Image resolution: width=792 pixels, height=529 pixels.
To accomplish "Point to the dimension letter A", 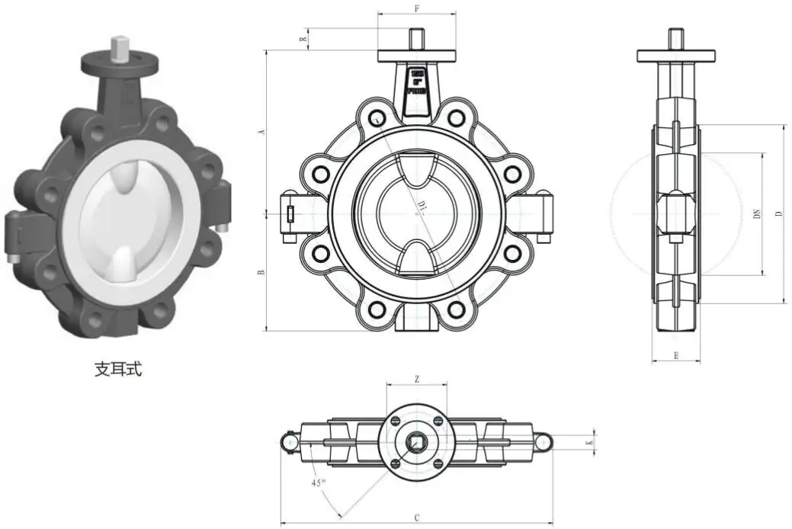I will coord(261,132).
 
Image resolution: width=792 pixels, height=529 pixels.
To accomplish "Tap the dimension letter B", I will coord(261,272).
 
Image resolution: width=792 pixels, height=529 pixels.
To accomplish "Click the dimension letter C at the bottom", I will coord(417,518).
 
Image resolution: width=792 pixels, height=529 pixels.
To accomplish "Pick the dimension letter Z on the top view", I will coord(417,379).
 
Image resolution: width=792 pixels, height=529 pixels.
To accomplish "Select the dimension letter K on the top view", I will coord(588,442).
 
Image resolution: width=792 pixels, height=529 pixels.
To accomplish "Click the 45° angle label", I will coord(319,483).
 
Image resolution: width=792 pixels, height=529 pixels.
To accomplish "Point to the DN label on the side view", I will coord(757,214).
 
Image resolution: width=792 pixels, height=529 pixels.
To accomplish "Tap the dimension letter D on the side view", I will coord(778,214).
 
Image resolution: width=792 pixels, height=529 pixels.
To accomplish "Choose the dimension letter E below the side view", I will coord(676,355).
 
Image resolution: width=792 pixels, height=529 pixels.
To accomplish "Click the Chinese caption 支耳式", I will coord(118,370).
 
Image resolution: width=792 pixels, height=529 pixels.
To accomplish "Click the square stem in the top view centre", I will coord(417,442).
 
